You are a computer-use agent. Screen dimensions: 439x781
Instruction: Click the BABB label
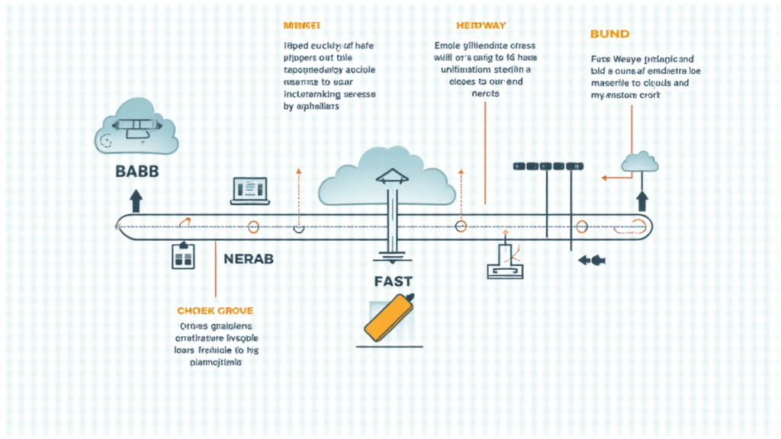137,171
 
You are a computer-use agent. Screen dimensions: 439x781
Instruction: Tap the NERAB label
249,258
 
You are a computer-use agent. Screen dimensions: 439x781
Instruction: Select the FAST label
394,280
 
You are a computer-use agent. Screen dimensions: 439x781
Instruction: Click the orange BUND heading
610,34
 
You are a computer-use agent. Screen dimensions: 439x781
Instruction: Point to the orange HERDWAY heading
481,25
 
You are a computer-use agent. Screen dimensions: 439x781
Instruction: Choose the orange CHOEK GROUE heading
215,311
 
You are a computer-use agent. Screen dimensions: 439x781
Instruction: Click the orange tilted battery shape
389,316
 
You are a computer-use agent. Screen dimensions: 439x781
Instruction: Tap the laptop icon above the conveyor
249,191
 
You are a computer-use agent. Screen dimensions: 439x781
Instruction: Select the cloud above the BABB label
137,131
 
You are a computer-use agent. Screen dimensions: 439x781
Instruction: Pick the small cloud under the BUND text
640,162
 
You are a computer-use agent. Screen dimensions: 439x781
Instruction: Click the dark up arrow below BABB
136,200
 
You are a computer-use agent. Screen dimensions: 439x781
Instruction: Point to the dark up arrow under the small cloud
641,200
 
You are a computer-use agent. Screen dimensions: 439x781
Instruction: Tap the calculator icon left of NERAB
184,255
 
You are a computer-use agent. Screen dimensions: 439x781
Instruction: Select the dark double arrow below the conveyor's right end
591,260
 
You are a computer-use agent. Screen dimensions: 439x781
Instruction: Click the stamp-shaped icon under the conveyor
506,261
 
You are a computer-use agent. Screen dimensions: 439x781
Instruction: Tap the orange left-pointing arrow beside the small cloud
611,178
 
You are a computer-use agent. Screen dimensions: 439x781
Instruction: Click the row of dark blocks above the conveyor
548,165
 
